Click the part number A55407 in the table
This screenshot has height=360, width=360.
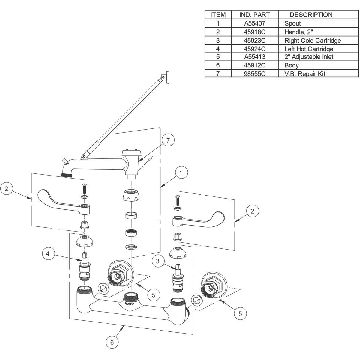(255, 23)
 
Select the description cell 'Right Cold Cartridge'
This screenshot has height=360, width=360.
(313, 40)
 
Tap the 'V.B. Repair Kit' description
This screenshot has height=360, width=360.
(305, 74)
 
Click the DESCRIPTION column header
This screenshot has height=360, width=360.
(311, 15)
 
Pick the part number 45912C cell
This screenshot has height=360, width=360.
(255, 65)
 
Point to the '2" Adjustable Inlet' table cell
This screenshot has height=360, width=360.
(309, 57)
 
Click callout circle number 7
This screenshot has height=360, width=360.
(168, 140)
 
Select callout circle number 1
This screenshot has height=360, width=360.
(181, 173)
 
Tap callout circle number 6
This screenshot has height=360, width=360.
(112, 342)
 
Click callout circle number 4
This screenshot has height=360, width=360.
(48, 254)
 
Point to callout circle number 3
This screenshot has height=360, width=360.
(158, 261)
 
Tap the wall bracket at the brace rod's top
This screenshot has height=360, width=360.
(165, 77)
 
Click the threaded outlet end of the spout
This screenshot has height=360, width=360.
(67, 175)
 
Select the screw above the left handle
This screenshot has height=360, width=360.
(84, 189)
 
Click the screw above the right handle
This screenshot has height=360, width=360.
(177, 200)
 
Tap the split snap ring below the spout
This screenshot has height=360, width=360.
(131, 247)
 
